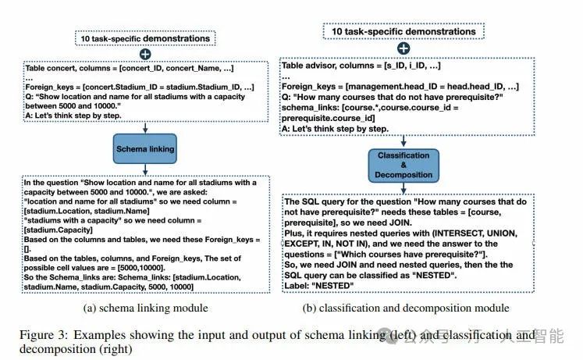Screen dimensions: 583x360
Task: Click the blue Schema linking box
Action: click(x=145, y=148)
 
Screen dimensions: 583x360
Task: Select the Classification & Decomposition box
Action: click(x=403, y=166)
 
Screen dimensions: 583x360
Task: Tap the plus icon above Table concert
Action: click(x=145, y=55)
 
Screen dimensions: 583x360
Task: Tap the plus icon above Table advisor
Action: click(x=403, y=48)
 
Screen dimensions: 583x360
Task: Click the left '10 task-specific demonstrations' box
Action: click(x=145, y=38)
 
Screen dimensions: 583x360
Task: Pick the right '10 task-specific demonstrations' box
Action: click(x=403, y=31)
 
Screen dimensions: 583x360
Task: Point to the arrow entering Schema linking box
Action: click(x=145, y=127)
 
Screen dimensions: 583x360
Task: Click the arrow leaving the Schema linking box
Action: click(x=145, y=169)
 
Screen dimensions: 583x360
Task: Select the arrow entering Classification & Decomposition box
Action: click(x=403, y=141)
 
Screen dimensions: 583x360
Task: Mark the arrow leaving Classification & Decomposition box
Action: click(x=403, y=188)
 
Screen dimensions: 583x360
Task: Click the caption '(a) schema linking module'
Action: click(x=145, y=308)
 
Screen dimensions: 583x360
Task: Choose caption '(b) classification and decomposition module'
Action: click(x=406, y=308)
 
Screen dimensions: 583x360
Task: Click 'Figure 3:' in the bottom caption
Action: click(x=44, y=335)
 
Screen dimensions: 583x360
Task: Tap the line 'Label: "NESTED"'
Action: click(x=319, y=286)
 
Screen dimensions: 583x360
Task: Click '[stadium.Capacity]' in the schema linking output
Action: click(x=59, y=230)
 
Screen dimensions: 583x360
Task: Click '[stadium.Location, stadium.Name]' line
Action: click(x=87, y=211)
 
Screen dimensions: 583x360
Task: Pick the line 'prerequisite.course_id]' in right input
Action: click(x=329, y=118)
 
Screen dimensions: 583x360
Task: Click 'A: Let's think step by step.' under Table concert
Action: click(x=73, y=116)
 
